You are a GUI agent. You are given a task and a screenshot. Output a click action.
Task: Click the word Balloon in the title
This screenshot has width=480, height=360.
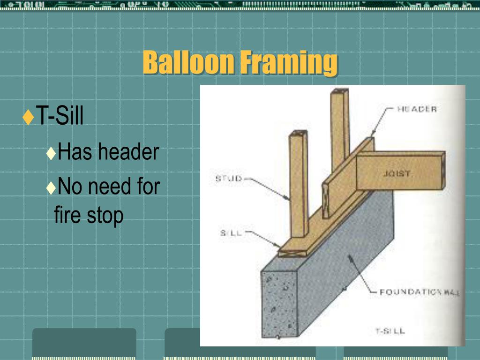188,63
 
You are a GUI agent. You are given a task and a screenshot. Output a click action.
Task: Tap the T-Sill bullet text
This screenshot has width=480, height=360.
60,116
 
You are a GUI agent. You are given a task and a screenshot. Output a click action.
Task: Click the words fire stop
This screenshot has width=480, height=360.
89,215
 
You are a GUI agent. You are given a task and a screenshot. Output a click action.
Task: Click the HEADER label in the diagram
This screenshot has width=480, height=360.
417,109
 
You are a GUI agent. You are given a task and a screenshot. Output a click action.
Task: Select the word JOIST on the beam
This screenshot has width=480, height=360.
397,173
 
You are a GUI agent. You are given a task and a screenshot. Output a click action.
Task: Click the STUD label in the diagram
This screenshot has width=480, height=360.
228,179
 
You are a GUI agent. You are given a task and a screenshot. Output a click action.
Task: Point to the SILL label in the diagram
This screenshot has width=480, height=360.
231,233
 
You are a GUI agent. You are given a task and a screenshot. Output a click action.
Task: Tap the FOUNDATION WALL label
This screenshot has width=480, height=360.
419,292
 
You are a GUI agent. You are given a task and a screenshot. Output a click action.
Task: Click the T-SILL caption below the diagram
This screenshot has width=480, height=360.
390,331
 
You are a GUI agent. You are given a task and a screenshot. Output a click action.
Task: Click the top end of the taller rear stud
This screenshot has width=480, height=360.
339,92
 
